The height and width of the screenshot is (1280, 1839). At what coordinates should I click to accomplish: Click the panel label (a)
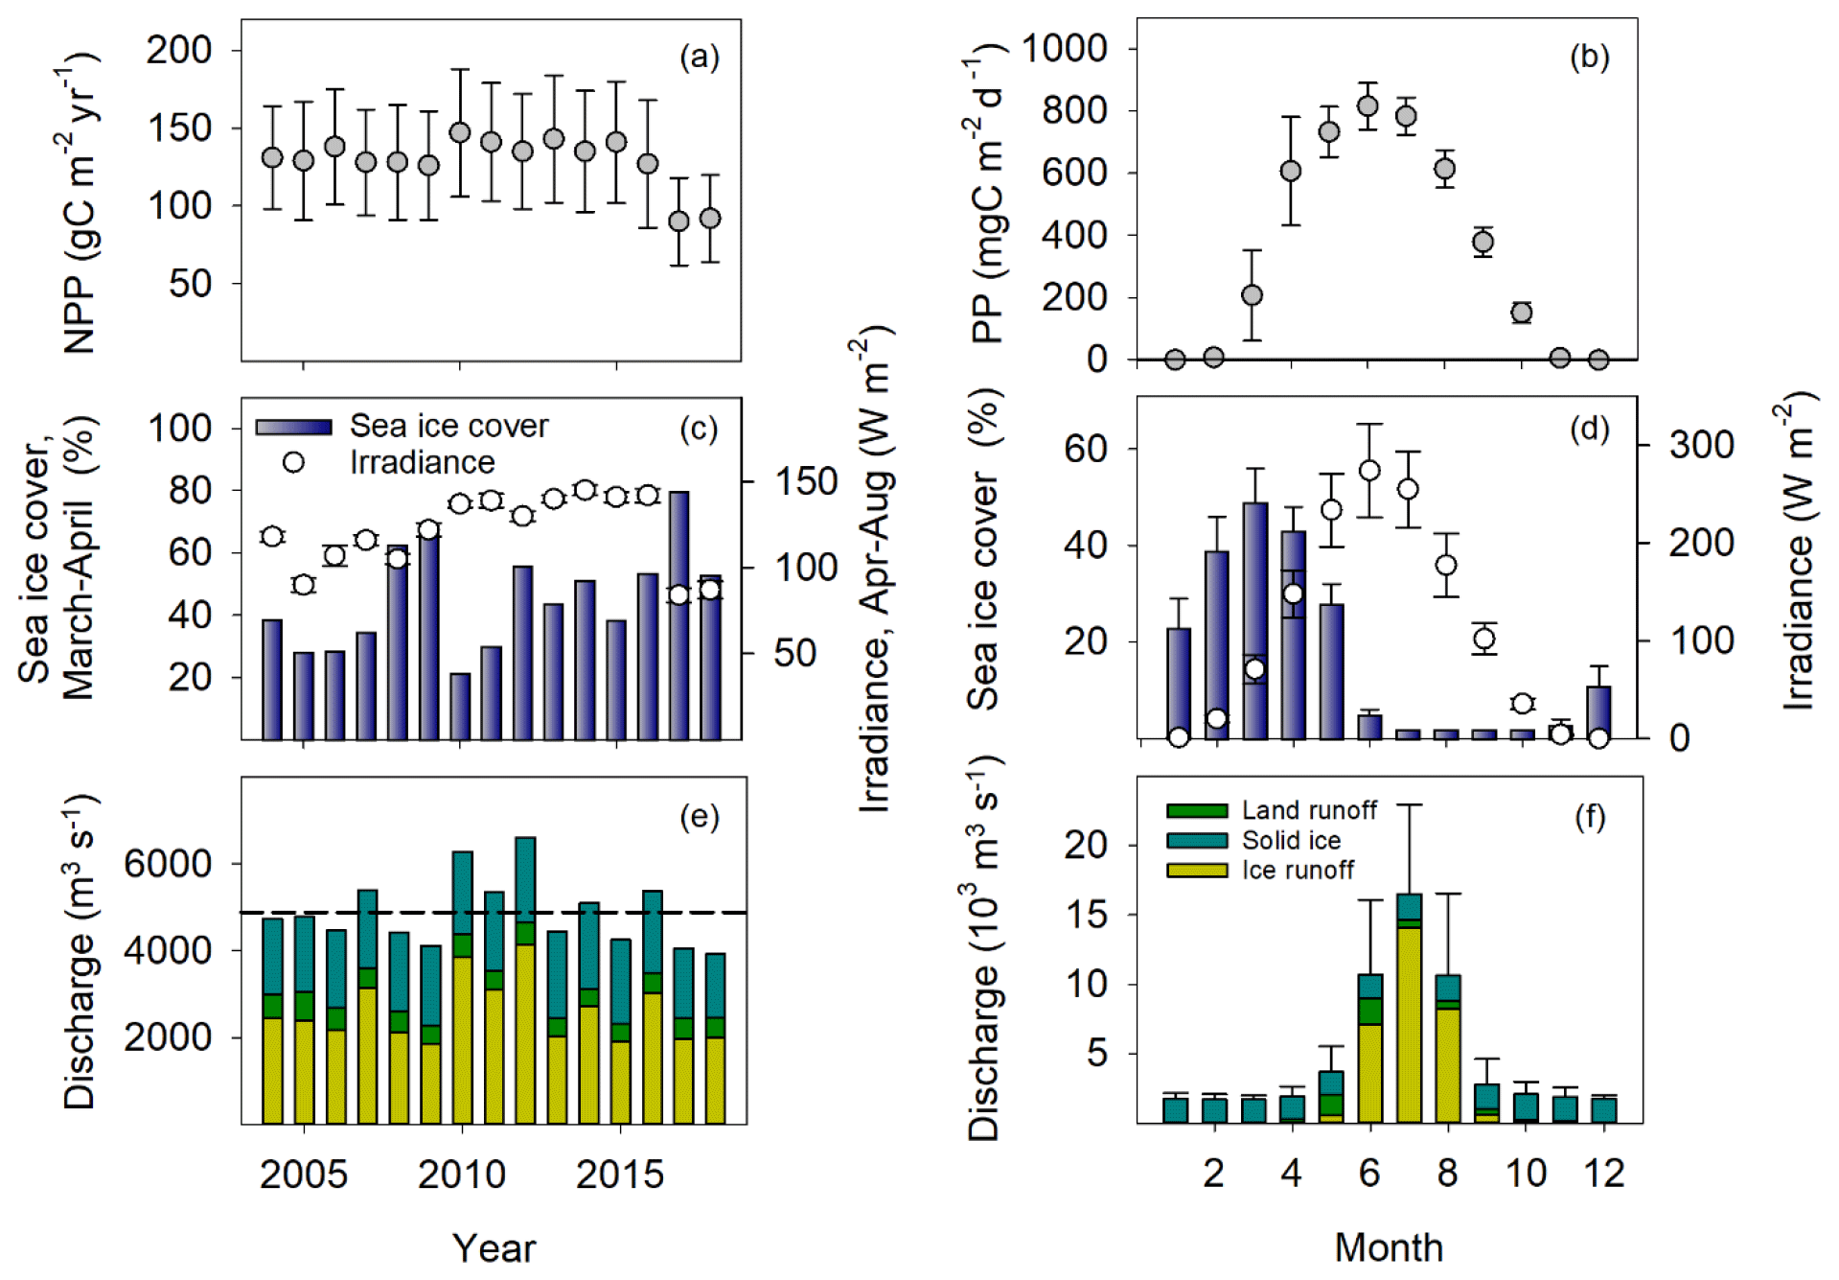coord(699,58)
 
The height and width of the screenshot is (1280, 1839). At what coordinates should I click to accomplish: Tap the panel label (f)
coord(1590,817)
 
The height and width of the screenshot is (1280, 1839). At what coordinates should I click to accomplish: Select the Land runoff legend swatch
coord(1196,811)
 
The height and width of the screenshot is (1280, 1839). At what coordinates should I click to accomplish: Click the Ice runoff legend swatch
coord(1196,871)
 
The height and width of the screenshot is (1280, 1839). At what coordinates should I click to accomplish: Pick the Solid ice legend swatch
coord(1196,841)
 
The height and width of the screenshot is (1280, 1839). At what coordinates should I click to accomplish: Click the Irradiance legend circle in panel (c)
coord(293,462)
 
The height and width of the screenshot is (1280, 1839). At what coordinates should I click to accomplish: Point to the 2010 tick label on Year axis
coord(461,1175)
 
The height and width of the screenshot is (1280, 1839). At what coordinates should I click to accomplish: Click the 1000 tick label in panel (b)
coord(1065,48)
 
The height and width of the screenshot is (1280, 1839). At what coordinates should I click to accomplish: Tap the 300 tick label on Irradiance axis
coord(1701,446)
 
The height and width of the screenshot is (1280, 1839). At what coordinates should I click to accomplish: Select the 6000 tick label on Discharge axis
coord(168,864)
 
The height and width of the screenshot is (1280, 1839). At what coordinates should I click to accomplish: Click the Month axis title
coord(1389,1247)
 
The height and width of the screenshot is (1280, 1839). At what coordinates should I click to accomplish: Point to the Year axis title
coord(494,1248)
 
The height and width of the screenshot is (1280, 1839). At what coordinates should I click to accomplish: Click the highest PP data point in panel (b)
coord(1368,106)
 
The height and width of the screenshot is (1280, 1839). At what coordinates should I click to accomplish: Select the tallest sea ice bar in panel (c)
coord(678,614)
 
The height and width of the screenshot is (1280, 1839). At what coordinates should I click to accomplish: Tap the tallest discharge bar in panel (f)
coord(1409,1007)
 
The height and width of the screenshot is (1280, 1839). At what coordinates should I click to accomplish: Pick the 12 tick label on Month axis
coord(1603,1174)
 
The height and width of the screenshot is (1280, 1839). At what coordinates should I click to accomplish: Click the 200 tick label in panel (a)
coord(178,50)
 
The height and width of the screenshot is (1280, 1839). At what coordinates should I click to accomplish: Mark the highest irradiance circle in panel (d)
coord(1369,471)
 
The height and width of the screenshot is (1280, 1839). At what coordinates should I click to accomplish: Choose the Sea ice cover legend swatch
coord(293,427)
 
